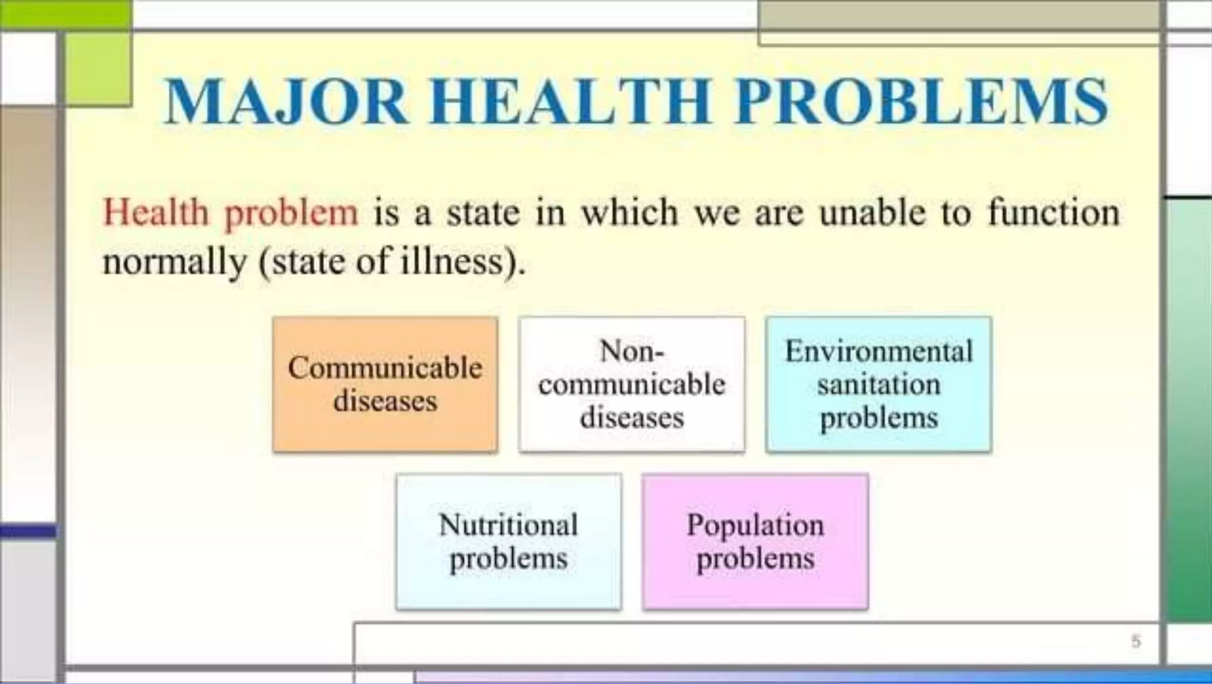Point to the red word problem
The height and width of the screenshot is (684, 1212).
pyautogui.click(x=291, y=213)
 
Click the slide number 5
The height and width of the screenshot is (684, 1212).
pyautogui.click(x=1136, y=641)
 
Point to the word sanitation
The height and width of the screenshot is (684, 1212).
pyautogui.click(x=879, y=385)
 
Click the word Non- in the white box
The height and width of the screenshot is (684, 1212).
pyautogui.click(x=631, y=351)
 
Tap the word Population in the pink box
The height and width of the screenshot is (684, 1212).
pyautogui.click(x=755, y=525)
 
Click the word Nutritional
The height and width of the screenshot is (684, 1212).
pyautogui.click(x=508, y=525)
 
